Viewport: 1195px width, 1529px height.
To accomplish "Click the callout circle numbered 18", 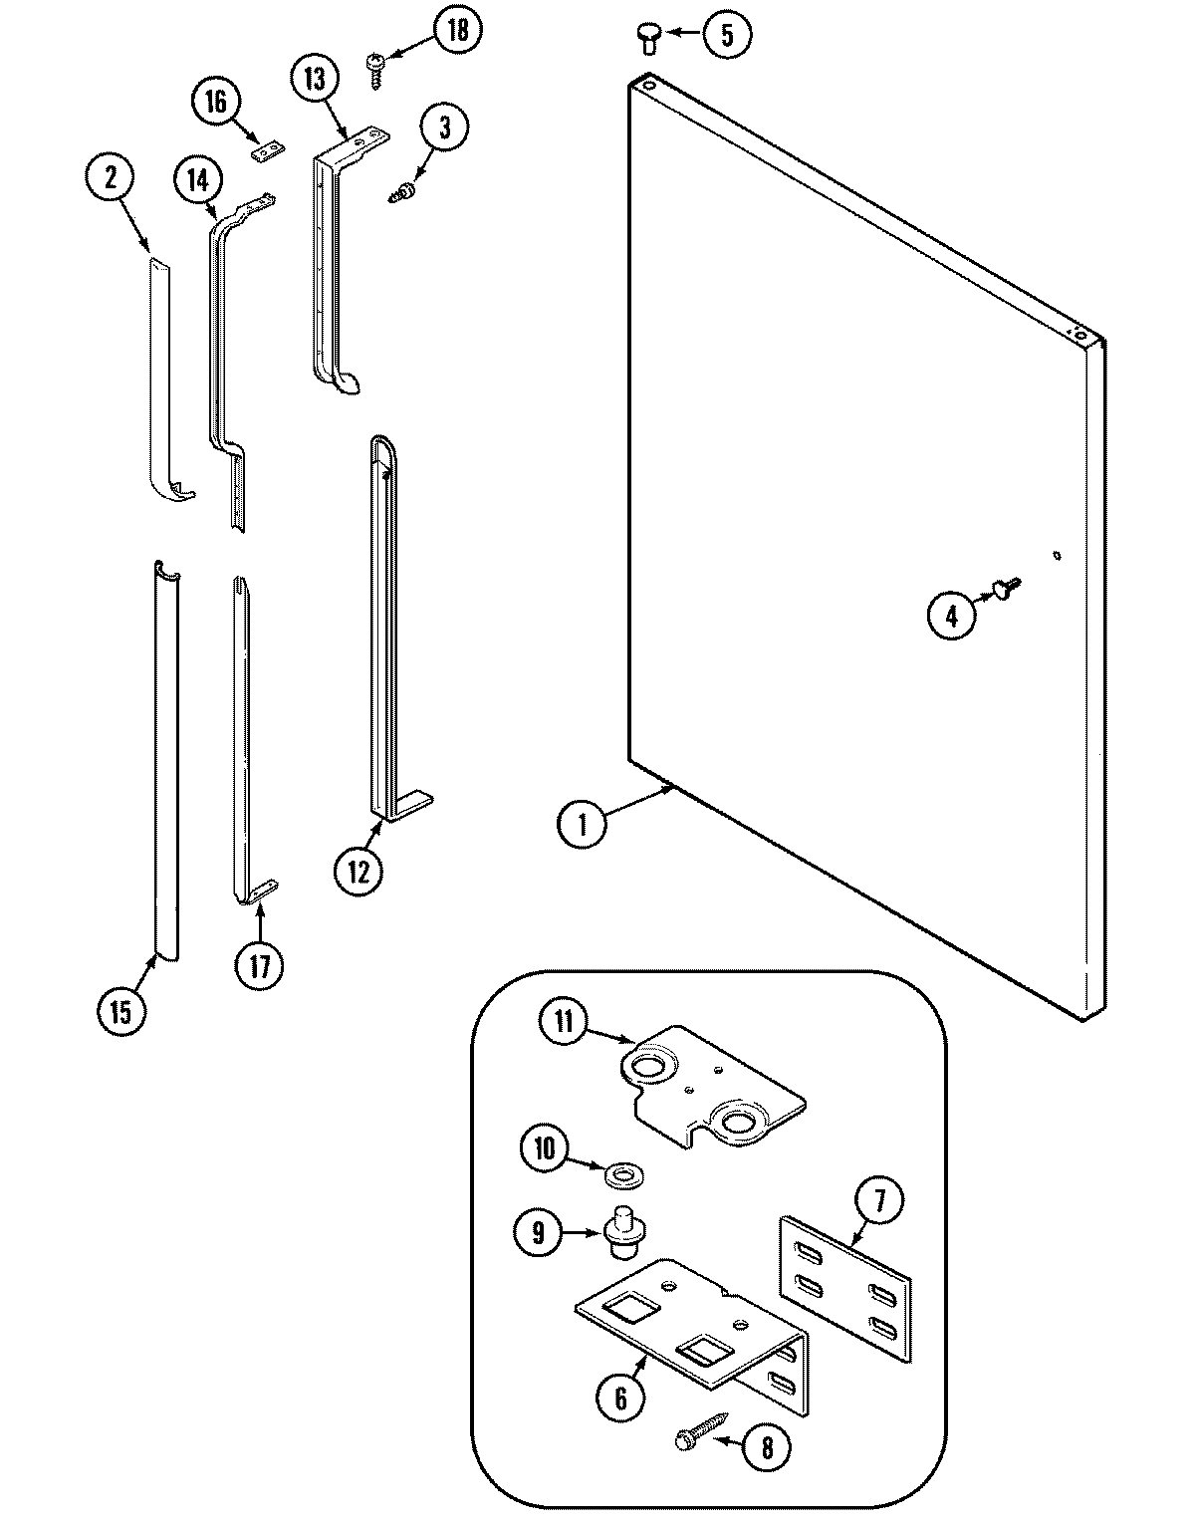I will [456, 30].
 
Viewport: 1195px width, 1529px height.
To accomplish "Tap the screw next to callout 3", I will [404, 192].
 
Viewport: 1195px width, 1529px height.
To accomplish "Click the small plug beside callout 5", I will [647, 39].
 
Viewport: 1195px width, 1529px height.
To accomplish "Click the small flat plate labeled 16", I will [267, 149].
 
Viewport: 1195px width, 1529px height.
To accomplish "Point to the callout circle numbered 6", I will [620, 1399].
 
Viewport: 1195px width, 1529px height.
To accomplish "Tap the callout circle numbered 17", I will [259, 966].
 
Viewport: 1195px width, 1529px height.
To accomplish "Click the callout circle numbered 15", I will [120, 1012].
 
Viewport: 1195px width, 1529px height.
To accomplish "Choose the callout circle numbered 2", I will [110, 178].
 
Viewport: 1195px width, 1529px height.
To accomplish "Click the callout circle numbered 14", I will [197, 180].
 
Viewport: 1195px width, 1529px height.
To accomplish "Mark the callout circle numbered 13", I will [315, 80].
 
